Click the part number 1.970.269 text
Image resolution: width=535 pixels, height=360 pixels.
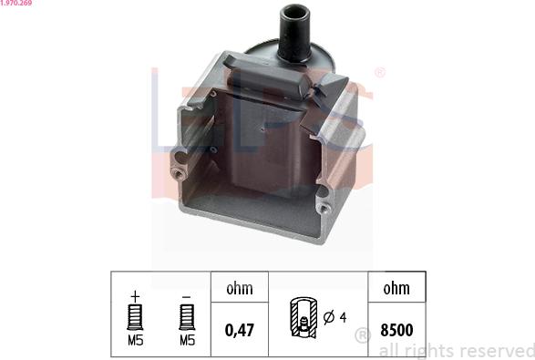click(x=15, y=3)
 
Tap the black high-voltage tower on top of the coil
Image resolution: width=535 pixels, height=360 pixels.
click(x=294, y=34)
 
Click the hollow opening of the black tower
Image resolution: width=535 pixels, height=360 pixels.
click(x=295, y=12)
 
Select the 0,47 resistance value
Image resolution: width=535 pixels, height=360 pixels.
click(x=240, y=330)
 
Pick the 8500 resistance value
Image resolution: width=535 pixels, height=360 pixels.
click(x=396, y=330)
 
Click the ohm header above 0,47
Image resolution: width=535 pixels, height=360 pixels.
click(x=240, y=289)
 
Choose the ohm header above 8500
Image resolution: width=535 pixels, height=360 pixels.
click(x=396, y=289)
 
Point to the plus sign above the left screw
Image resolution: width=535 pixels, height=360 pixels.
click(x=135, y=296)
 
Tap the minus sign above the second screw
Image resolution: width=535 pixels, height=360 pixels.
click(x=186, y=297)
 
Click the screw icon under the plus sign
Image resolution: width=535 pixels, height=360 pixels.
click(x=135, y=317)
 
